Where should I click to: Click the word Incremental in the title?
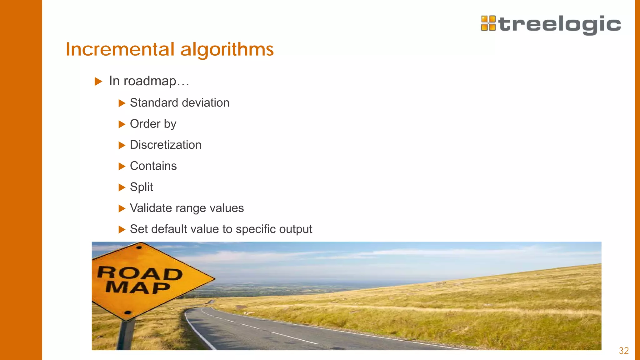(x=120, y=49)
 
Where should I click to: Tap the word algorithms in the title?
(x=227, y=49)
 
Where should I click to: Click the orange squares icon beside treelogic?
(x=488, y=23)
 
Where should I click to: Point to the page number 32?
(x=624, y=351)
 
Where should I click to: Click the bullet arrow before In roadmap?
(x=98, y=82)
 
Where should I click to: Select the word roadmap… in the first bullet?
(x=157, y=81)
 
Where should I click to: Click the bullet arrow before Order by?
(x=122, y=124)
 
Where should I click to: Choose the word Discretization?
(x=166, y=145)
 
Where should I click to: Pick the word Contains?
(x=153, y=166)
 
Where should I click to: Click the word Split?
(x=141, y=187)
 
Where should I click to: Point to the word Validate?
(x=151, y=208)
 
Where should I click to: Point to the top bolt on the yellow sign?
(x=139, y=247)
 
